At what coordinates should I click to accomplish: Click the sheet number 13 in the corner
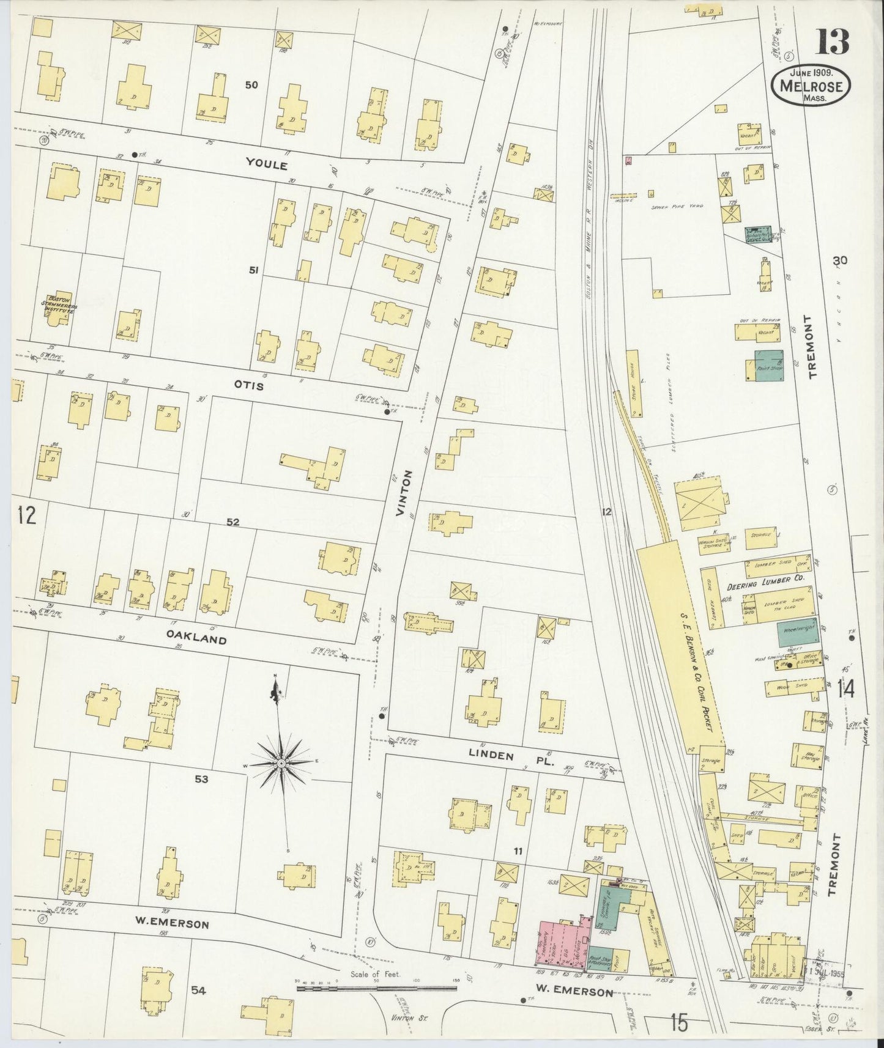[x=831, y=42]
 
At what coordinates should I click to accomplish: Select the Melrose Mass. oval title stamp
[x=811, y=87]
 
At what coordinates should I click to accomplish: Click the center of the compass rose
[x=280, y=764]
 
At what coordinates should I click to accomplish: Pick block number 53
[x=201, y=779]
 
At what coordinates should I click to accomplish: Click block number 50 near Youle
[x=251, y=85]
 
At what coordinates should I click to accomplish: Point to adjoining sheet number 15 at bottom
[x=678, y=1020]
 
